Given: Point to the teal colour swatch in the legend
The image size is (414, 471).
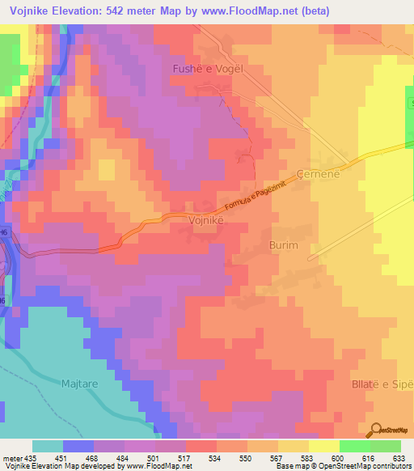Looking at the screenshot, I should (48, 446).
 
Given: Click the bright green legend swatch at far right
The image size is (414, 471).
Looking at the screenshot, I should (386, 446).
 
